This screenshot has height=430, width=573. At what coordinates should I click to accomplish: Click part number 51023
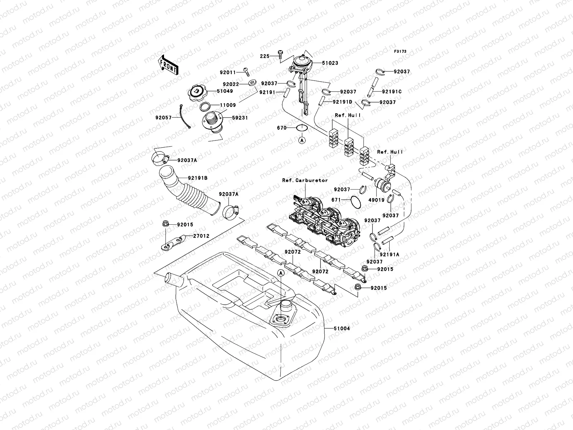(x=329, y=63)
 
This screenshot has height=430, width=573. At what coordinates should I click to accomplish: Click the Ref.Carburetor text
(x=305, y=181)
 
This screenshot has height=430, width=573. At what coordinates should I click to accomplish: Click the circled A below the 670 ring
(x=302, y=140)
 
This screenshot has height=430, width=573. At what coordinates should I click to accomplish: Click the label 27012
(x=201, y=236)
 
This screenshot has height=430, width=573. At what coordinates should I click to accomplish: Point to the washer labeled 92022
(x=252, y=83)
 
